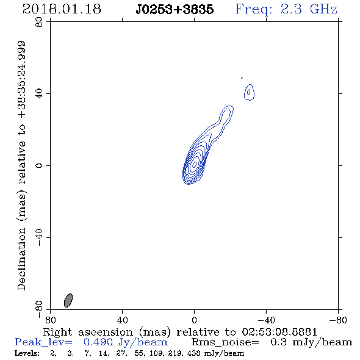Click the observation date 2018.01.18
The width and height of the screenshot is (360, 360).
point(62,9)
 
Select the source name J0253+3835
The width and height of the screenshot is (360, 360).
point(175,9)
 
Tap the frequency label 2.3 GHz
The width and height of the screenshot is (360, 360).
point(309,9)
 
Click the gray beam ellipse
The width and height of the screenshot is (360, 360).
point(68,300)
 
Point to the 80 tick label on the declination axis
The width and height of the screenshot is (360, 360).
point(39,22)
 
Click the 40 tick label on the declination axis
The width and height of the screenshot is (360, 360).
point(39,94)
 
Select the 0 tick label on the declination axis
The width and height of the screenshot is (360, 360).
point(39,165)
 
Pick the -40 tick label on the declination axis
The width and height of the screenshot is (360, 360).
point(39,237)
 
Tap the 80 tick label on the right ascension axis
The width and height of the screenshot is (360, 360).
point(50,320)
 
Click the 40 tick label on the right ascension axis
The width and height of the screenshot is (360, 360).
point(122,320)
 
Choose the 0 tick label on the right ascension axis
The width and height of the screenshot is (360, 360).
point(194,320)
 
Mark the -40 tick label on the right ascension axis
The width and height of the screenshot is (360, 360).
point(266,320)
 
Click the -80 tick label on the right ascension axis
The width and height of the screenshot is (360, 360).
point(338,320)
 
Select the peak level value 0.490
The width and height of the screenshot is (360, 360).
point(98,342)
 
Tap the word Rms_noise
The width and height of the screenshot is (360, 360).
point(225,342)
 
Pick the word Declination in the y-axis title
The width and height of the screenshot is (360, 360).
point(21,259)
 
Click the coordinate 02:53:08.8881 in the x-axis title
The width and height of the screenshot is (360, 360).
point(279,332)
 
